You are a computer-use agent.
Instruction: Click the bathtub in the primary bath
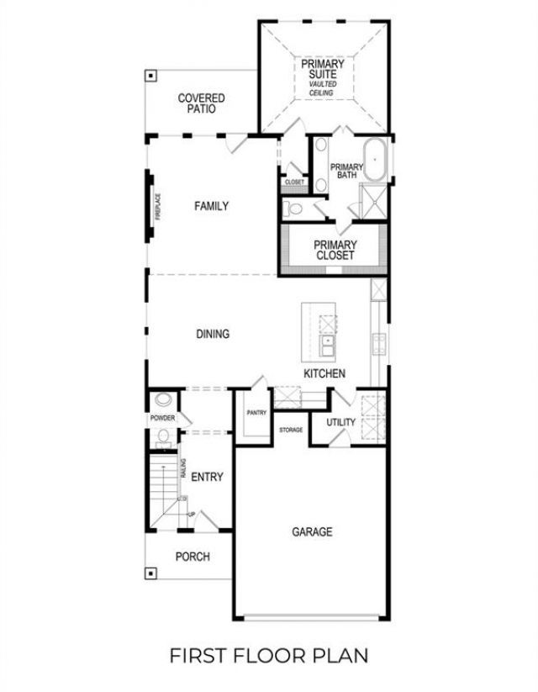tap(377, 163)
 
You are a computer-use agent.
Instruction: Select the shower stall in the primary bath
tap(372, 202)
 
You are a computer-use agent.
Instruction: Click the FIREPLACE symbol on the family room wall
tap(151, 207)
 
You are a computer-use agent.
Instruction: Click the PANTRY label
tap(256, 413)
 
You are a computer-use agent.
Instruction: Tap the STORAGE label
tap(291, 430)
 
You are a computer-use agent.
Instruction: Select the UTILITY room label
tap(341, 423)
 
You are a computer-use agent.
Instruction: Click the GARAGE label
tap(312, 531)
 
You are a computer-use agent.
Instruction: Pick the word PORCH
tap(192, 557)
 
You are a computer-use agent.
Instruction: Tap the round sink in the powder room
tap(163, 401)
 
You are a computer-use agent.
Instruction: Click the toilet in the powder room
tap(164, 436)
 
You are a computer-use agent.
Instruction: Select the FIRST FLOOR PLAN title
tap(269, 654)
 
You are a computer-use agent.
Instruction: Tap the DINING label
tap(213, 334)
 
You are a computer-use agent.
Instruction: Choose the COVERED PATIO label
tap(201, 103)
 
